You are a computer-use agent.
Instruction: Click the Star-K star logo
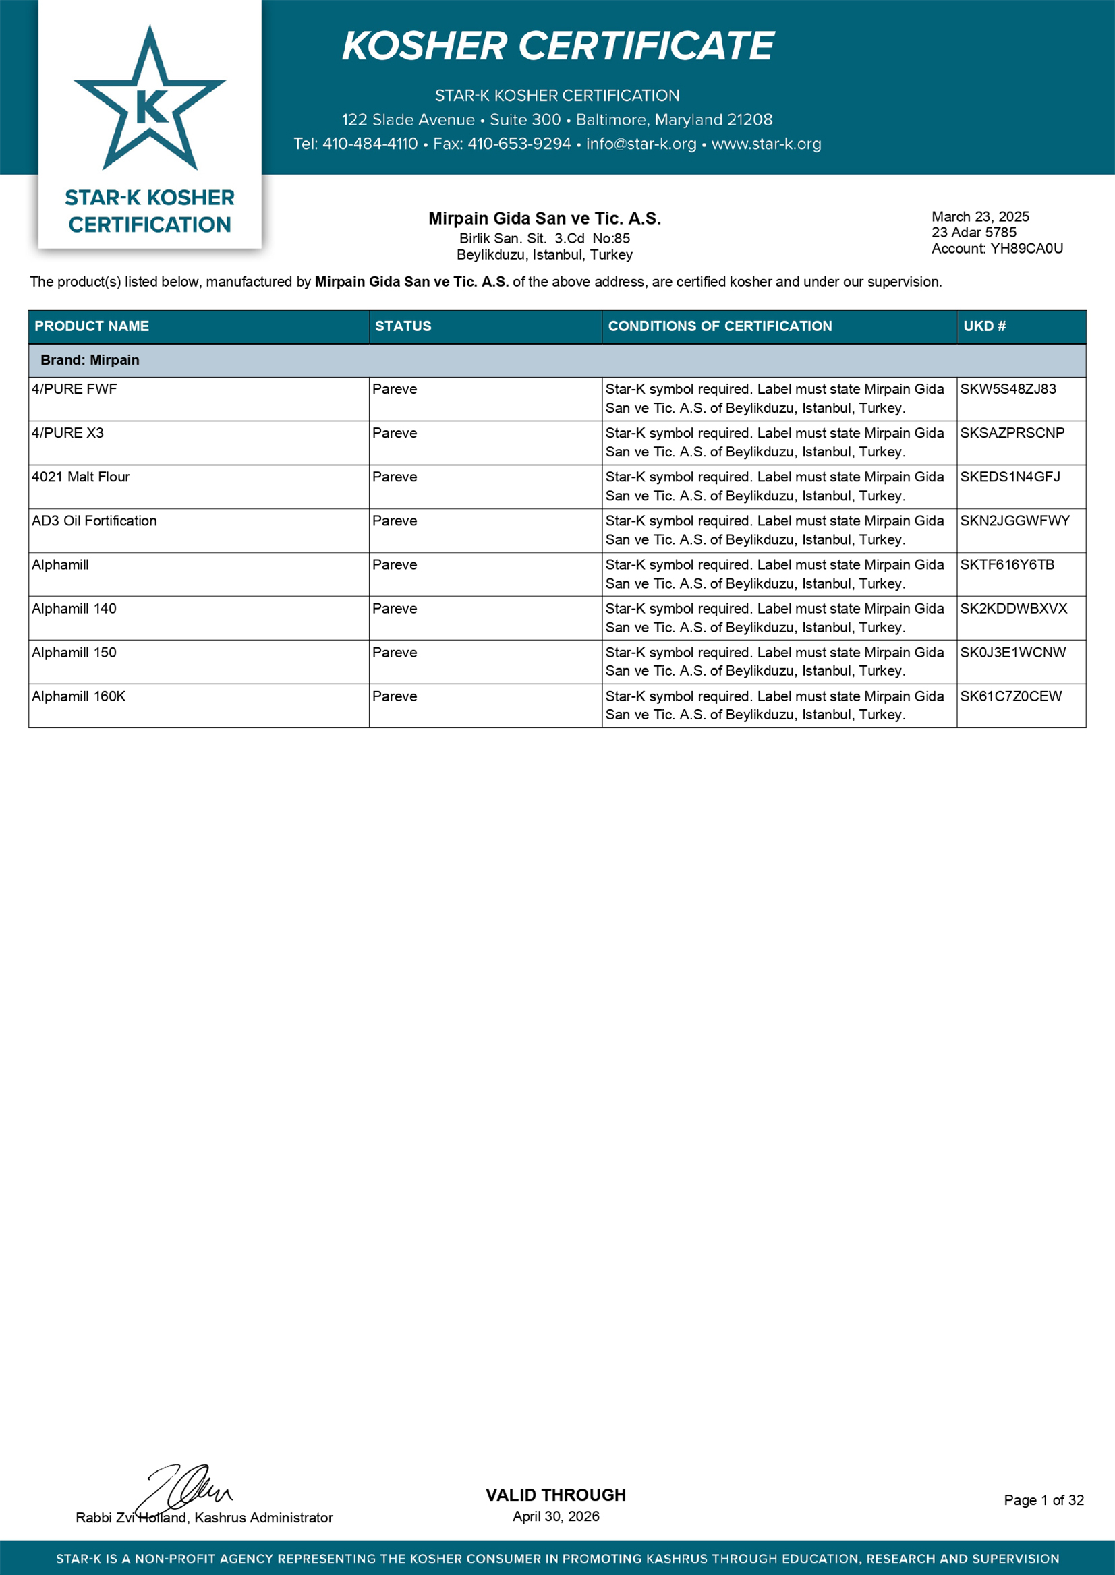click(x=150, y=100)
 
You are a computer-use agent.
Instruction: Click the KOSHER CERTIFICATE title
click(x=557, y=46)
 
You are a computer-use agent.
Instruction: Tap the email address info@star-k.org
click(x=641, y=144)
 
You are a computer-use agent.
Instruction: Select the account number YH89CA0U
click(x=1026, y=248)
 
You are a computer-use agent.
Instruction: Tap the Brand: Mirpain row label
click(x=90, y=360)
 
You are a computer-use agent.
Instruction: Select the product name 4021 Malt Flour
click(x=80, y=477)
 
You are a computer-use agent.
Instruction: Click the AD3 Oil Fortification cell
click(x=94, y=521)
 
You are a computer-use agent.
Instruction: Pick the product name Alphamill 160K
click(x=78, y=696)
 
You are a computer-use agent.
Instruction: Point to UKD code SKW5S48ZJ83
click(x=1008, y=389)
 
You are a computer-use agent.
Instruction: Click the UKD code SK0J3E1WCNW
click(x=1012, y=653)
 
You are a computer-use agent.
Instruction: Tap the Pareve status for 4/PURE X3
click(x=394, y=433)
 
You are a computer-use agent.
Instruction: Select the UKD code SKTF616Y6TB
click(x=1006, y=565)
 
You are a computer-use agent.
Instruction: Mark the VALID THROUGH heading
click(x=555, y=1495)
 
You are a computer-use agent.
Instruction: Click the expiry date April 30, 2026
click(x=555, y=1516)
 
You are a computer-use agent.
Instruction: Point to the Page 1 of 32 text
click(x=1043, y=1500)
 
